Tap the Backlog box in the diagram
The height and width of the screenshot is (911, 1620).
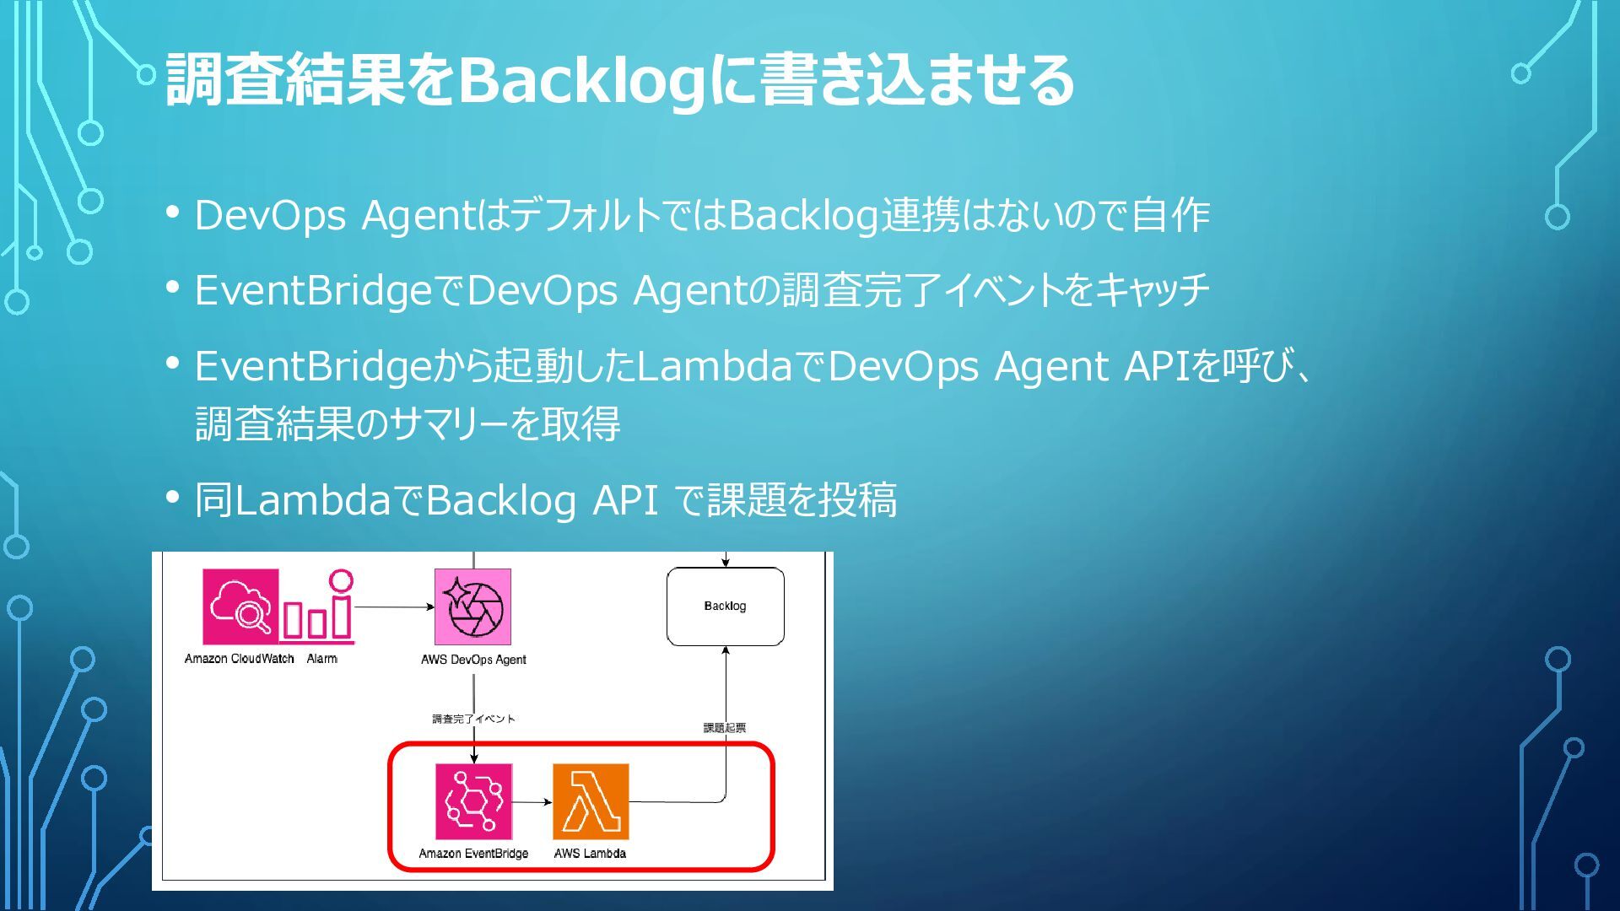[x=725, y=606]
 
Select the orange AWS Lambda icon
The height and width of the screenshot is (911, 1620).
[x=591, y=801]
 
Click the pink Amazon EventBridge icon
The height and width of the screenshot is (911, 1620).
[x=473, y=801]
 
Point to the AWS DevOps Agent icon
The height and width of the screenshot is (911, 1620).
[x=472, y=606]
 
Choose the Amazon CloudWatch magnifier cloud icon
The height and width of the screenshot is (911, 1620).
[x=240, y=606]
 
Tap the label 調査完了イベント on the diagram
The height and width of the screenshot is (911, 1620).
[x=473, y=719]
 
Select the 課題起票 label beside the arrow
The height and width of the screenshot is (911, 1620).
[x=724, y=727]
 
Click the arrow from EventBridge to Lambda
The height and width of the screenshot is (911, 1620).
[x=532, y=802]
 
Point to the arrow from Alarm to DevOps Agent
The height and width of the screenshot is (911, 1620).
[x=394, y=606]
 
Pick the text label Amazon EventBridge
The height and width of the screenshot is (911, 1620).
[x=473, y=853]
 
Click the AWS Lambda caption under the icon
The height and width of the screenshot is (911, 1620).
[x=590, y=853]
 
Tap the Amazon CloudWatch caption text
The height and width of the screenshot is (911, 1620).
[x=239, y=659]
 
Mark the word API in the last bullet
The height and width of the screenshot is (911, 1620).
[x=625, y=500]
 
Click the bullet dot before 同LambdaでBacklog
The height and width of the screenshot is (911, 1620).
[x=173, y=498]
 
